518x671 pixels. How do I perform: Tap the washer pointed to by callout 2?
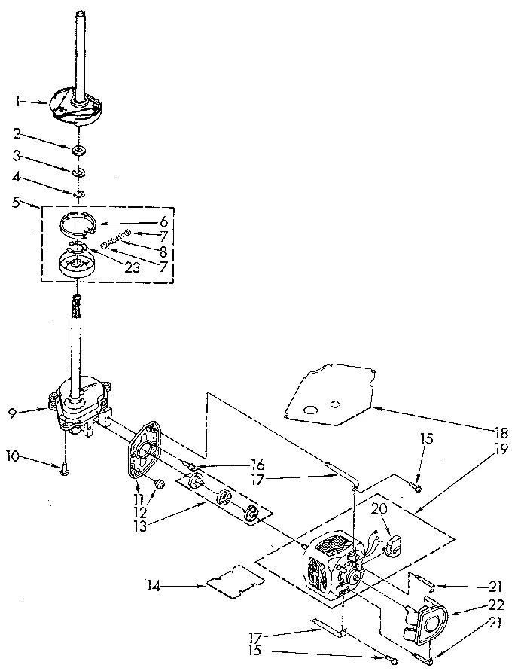pos(78,151)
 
